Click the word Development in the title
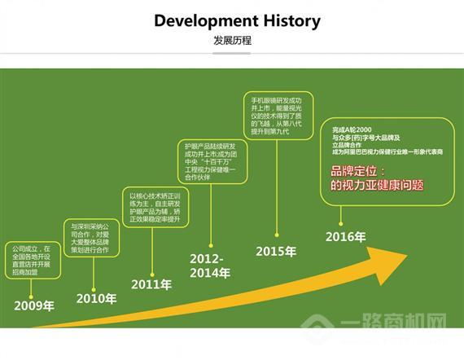(x=199, y=21)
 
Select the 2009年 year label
(x=34, y=306)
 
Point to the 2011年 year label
(x=152, y=284)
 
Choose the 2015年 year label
(x=276, y=251)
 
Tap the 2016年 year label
(x=345, y=237)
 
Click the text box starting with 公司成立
(x=32, y=258)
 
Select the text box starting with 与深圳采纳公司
(x=91, y=238)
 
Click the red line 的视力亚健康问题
(x=377, y=186)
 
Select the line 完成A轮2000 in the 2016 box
(x=352, y=130)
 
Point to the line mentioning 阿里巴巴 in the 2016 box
(x=375, y=152)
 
